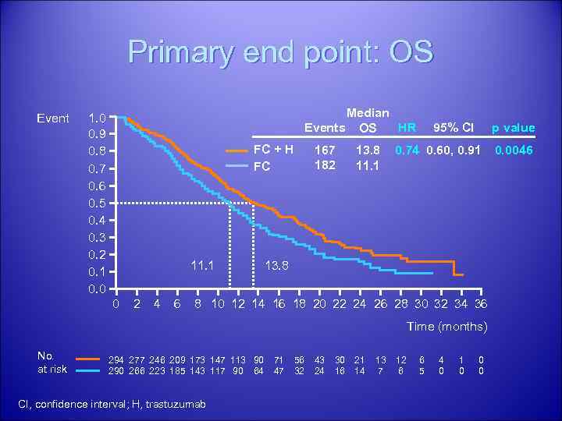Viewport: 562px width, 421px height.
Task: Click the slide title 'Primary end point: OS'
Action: pyautogui.click(x=280, y=52)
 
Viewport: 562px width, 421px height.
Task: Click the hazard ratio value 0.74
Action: pyautogui.click(x=407, y=150)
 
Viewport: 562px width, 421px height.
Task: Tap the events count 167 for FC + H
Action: pyautogui.click(x=324, y=150)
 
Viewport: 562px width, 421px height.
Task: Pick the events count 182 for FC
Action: pyautogui.click(x=324, y=165)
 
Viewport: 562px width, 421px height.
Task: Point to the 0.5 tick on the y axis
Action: pyautogui.click(x=98, y=203)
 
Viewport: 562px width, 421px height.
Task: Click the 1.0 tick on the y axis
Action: pyautogui.click(x=98, y=119)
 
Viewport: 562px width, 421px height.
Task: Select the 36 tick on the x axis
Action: pyautogui.click(x=481, y=304)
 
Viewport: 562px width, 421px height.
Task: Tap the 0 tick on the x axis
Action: pyautogui.click(x=116, y=304)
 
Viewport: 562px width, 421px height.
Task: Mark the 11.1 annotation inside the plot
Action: pyautogui.click(x=204, y=265)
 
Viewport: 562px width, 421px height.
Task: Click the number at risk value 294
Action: pyautogui.click(x=117, y=359)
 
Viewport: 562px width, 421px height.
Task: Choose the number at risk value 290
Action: pyautogui.click(x=117, y=371)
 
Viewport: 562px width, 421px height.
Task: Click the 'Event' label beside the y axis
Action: pyautogui.click(x=53, y=119)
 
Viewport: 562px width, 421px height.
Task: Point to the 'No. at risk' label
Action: pyautogui.click(x=52, y=363)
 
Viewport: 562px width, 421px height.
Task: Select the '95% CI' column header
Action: pyautogui.click(x=454, y=128)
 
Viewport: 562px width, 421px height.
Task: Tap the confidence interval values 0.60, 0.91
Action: pyautogui.click(x=453, y=150)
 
